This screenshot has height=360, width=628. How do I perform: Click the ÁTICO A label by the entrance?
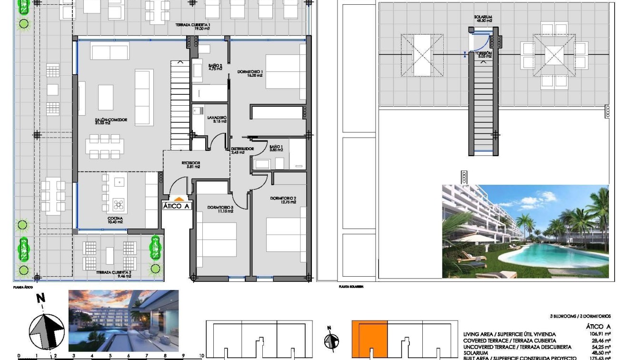pyautogui.click(x=177, y=206)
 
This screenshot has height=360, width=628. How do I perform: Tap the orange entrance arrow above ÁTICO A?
pyautogui.click(x=178, y=199)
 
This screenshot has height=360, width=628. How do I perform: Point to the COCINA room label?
pyautogui.click(x=115, y=220)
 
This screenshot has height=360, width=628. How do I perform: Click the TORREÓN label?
pyautogui.click(x=483, y=54)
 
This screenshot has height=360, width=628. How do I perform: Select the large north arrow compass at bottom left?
pyautogui.click(x=47, y=330)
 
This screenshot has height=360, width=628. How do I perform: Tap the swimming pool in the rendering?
pyautogui.click(x=557, y=257)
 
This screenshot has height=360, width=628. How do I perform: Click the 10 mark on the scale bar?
pyautogui.click(x=201, y=356)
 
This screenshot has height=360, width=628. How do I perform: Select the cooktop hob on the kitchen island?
pyautogui.click(x=118, y=205)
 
